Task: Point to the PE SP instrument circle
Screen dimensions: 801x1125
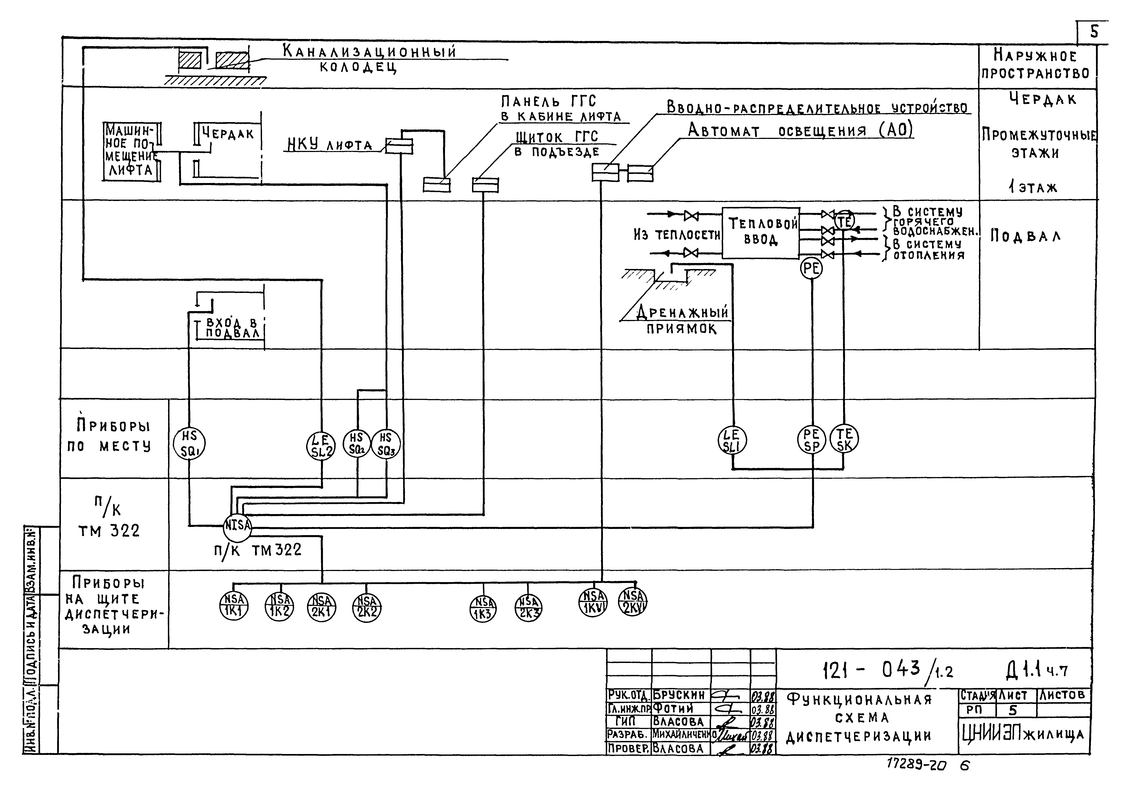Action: pos(811,440)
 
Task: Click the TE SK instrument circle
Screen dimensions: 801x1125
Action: pos(845,439)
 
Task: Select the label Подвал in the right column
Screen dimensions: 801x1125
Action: pos(1026,237)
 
